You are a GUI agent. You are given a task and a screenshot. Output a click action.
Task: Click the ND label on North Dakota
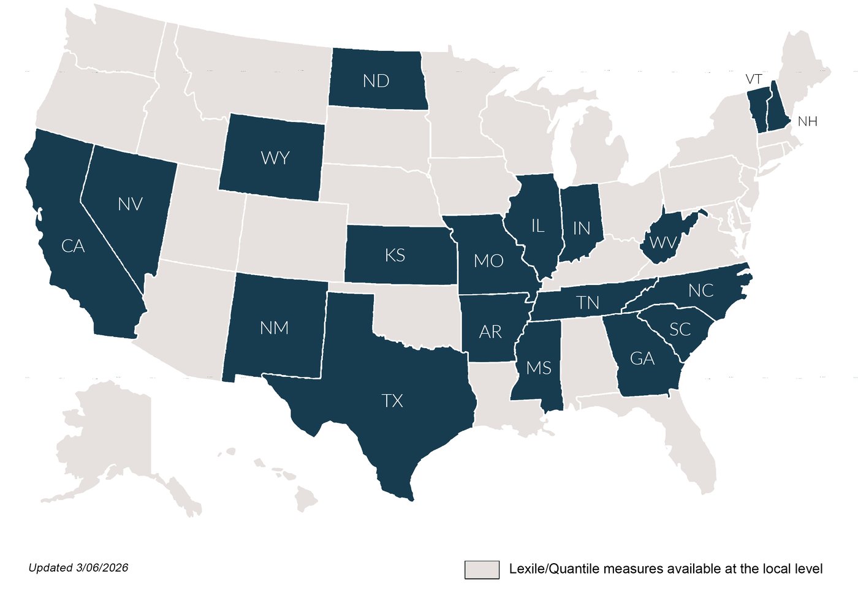pyautogui.click(x=376, y=81)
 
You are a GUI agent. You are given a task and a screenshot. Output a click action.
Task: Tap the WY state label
pyautogui.click(x=275, y=158)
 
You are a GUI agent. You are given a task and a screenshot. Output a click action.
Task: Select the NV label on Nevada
pyautogui.click(x=131, y=204)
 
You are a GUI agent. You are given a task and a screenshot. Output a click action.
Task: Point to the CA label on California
pyautogui.click(x=73, y=246)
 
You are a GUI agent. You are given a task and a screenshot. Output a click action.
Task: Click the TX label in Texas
pyautogui.click(x=392, y=401)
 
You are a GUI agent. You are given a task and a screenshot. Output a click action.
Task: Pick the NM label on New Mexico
pyautogui.click(x=274, y=328)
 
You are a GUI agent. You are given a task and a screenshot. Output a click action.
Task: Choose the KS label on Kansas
pyautogui.click(x=395, y=255)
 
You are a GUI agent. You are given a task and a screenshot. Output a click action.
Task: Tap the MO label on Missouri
pyautogui.click(x=488, y=261)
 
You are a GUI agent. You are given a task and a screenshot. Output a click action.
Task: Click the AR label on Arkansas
pyautogui.click(x=490, y=332)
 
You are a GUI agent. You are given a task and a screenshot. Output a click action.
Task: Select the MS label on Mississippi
pyautogui.click(x=539, y=368)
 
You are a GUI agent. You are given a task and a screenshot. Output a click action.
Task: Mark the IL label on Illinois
pyautogui.click(x=537, y=226)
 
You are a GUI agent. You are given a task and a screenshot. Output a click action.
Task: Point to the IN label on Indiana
pyautogui.click(x=581, y=229)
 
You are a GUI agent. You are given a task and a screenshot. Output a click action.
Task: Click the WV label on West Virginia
pyautogui.click(x=662, y=243)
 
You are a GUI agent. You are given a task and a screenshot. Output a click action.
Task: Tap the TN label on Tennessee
pyautogui.click(x=588, y=303)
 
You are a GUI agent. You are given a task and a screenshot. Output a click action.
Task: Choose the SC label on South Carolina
pyautogui.click(x=680, y=330)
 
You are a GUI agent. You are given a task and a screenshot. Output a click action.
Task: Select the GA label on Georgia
pyautogui.click(x=642, y=358)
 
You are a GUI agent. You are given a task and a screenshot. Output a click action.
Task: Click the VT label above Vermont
pyautogui.click(x=754, y=80)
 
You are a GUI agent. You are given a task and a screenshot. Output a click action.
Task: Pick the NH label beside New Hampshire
pyautogui.click(x=807, y=121)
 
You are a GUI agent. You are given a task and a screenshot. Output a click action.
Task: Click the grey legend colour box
pyautogui.click(x=481, y=569)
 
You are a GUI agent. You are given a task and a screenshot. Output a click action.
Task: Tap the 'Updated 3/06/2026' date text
pyautogui.click(x=78, y=567)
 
